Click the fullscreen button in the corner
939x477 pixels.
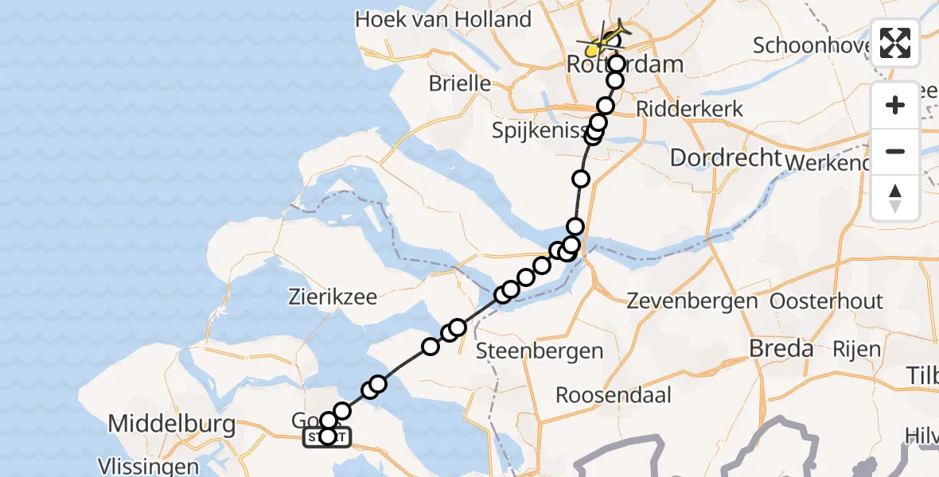pos(895,43)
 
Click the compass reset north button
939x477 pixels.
pos(895,198)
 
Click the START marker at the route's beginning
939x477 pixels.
pos(326,436)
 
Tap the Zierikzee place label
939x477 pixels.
pos(333,298)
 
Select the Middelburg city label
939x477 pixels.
pos(171,424)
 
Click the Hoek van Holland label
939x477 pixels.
pos(443,19)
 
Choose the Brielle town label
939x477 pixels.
pos(459,83)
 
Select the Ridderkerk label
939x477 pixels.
pos(690,109)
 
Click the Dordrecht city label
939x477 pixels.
pos(726,157)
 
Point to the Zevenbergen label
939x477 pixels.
pos(692,302)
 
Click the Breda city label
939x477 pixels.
pos(782,348)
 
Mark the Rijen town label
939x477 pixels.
pos(857,348)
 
